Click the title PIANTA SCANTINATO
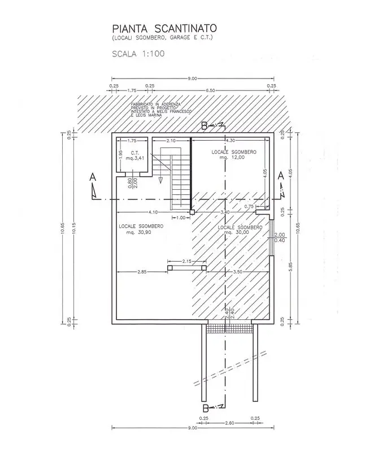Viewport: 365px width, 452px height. tap(157, 28)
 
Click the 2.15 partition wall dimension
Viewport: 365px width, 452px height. tap(187, 261)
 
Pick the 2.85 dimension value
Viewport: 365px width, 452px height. tap(142, 272)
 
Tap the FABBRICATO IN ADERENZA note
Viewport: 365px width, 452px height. tap(155, 111)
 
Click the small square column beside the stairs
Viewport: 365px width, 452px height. tap(192, 212)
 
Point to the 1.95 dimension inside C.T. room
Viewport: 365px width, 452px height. tap(120, 154)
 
